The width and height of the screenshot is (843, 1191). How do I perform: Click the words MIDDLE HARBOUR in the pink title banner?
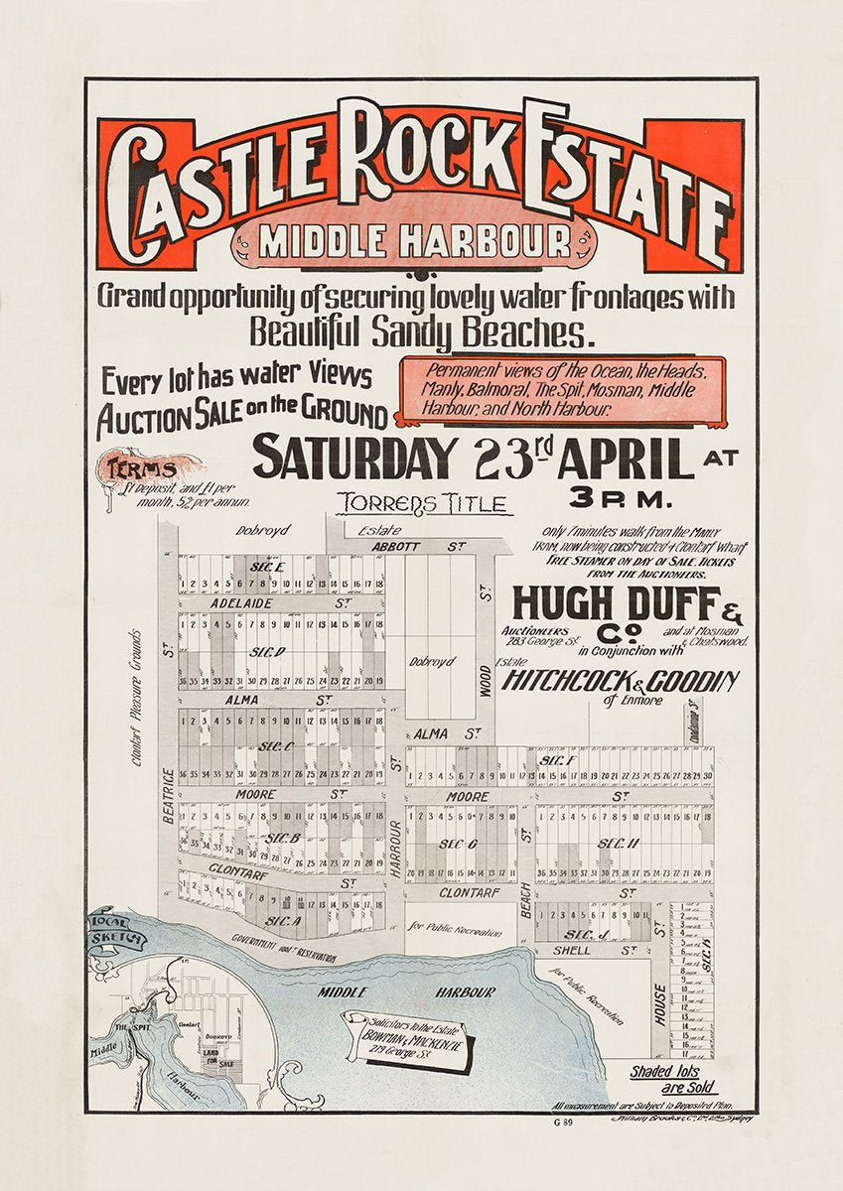pyautogui.click(x=414, y=241)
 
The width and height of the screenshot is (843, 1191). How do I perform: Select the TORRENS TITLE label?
pyautogui.click(x=424, y=503)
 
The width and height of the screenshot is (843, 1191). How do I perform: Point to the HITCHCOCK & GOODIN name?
pyautogui.click(x=621, y=681)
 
